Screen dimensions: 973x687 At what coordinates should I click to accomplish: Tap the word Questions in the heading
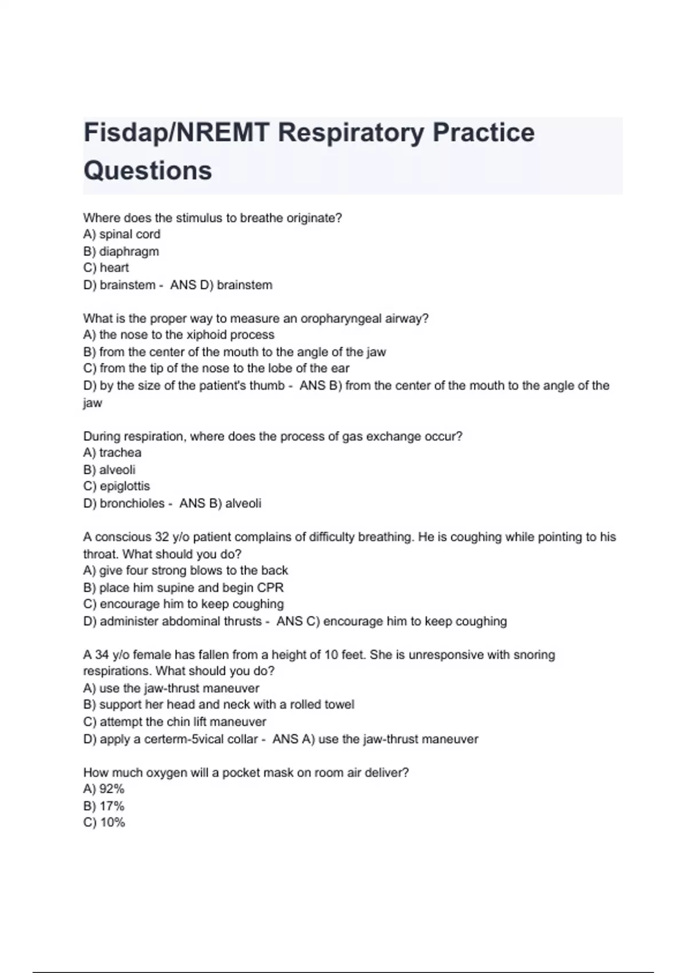click(x=148, y=171)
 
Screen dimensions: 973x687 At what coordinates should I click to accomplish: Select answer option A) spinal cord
click(x=121, y=234)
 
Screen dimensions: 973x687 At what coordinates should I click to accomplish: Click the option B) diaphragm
click(x=121, y=251)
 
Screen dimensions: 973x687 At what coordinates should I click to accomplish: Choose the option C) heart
click(x=106, y=268)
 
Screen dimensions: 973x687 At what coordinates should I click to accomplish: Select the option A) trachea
click(x=112, y=453)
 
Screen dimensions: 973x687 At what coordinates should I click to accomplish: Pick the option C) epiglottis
click(x=116, y=486)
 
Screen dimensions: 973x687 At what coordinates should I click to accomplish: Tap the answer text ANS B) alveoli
click(x=220, y=504)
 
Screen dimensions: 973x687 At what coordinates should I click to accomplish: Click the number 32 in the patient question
click(x=161, y=537)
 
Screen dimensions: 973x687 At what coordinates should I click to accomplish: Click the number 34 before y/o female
click(x=102, y=655)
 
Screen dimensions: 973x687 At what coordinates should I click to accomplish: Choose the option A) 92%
click(x=104, y=789)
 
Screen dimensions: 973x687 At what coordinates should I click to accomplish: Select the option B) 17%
click(x=104, y=806)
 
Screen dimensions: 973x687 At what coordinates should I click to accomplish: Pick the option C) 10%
click(x=104, y=823)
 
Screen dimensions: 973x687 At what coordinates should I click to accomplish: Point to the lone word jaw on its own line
click(x=92, y=404)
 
